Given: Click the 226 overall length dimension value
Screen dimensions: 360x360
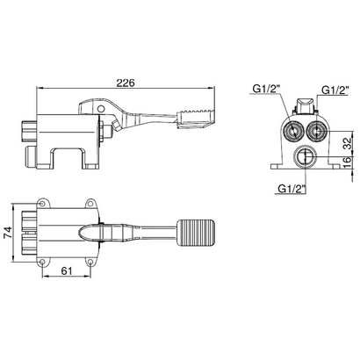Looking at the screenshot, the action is pos(126,83).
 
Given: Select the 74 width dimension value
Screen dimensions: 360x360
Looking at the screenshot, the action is pos(8,233).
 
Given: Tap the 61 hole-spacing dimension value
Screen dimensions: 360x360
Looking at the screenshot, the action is pos(67,271).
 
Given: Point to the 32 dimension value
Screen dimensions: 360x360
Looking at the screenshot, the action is pos(347,143).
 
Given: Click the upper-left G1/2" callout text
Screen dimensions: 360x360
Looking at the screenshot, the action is pos(267,89).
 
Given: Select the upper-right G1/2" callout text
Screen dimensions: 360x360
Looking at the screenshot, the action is pos(335,90).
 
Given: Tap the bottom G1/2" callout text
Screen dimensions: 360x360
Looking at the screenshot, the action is pos(292,189).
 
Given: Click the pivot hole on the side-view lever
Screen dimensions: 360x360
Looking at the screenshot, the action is pos(101,109).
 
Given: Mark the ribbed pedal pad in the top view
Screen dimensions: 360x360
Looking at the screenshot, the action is pos(196,233).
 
